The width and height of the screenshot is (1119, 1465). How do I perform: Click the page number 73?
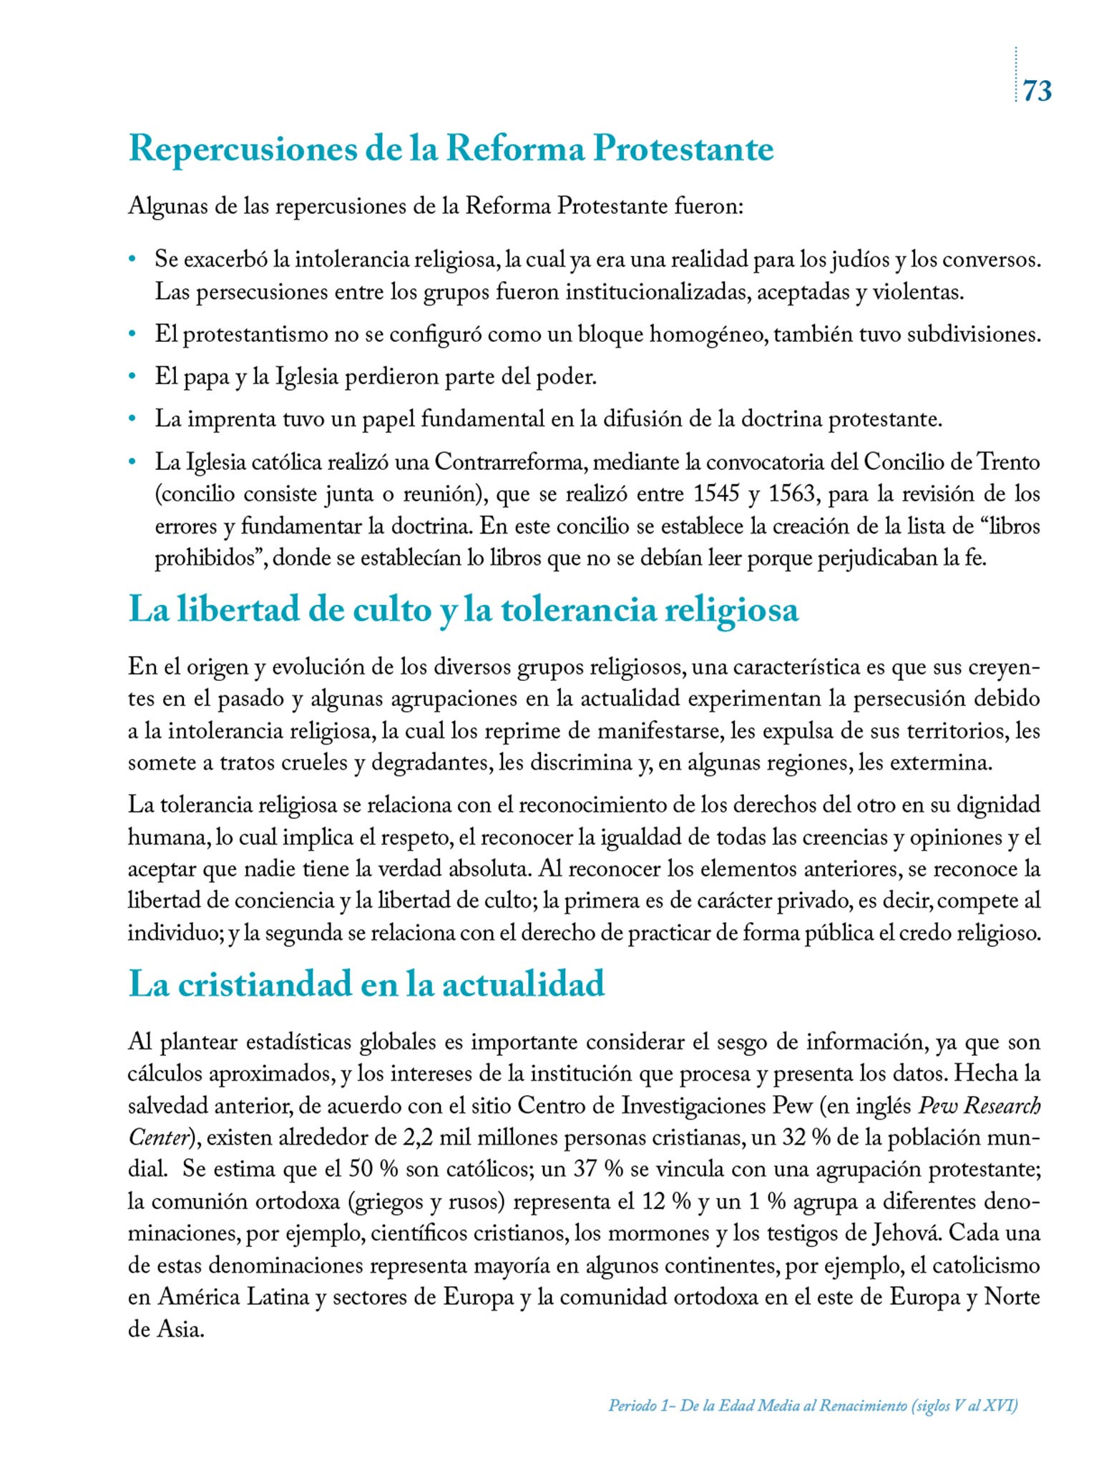click(1037, 91)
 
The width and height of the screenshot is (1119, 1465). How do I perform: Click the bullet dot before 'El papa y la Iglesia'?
click(132, 377)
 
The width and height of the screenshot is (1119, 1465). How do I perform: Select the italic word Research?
click(1002, 1106)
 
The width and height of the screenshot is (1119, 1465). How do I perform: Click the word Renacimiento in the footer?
click(864, 1406)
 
